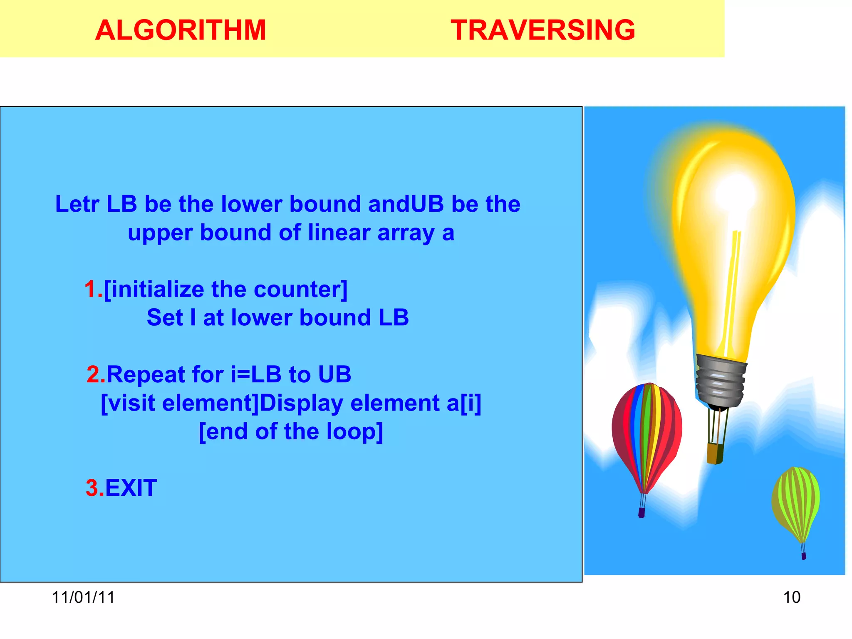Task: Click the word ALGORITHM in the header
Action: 180,30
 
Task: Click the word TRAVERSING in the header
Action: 542,30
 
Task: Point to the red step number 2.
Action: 94,374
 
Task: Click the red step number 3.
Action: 93,488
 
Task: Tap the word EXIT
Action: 131,488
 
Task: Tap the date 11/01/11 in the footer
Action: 83,597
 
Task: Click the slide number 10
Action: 791,597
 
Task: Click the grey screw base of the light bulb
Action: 720,381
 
